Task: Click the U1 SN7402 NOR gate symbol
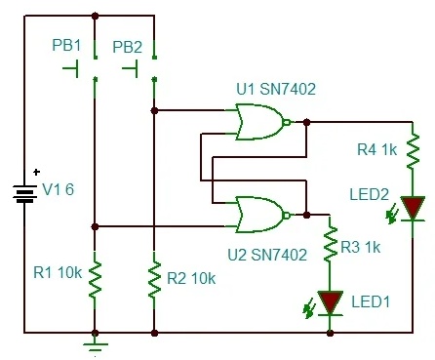pyautogui.click(x=262, y=122)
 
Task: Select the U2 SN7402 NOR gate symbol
pyautogui.click(x=262, y=215)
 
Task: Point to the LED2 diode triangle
pyautogui.click(x=413, y=208)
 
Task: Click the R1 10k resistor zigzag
pyautogui.click(x=95, y=279)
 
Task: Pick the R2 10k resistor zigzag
pyautogui.click(x=154, y=279)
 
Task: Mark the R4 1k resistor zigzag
pyautogui.click(x=413, y=150)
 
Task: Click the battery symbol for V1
pyautogui.click(x=24, y=193)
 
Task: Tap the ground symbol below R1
pyautogui.click(x=95, y=346)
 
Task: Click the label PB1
pyautogui.click(x=66, y=46)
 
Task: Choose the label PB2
pyautogui.click(x=127, y=47)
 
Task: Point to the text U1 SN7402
pyautogui.click(x=276, y=89)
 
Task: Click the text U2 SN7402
pyautogui.click(x=267, y=255)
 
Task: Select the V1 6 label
pyautogui.click(x=59, y=189)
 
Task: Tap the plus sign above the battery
pyautogui.click(x=37, y=172)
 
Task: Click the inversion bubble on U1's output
pyautogui.click(x=287, y=122)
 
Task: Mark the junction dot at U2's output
pyautogui.click(x=306, y=215)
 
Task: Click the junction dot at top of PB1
pyautogui.click(x=95, y=16)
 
